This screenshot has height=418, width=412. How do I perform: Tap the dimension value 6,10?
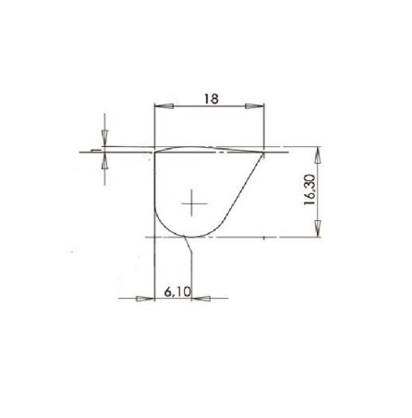(176, 290)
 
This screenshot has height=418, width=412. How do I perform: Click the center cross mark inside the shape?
(192, 203)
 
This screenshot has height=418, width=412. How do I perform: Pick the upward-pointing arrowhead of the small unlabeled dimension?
(106, 158)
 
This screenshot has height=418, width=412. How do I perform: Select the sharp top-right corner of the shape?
(265, 151)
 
